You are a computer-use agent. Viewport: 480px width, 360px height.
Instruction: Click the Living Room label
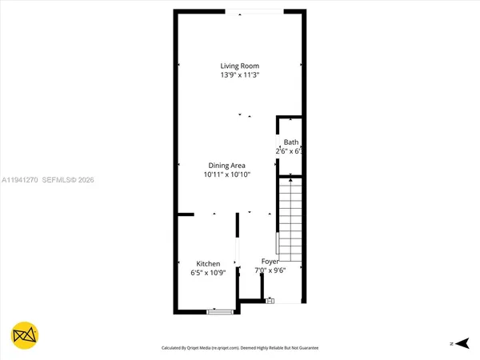coord(240,66)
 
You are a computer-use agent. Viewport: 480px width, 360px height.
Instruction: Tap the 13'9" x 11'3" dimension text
coord(240,75)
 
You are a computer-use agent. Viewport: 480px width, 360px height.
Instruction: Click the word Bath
coord(290,142)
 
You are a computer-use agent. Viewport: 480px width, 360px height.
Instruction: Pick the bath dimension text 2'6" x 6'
coord(289,151)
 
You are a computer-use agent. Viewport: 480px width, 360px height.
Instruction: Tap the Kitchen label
coord(209,264)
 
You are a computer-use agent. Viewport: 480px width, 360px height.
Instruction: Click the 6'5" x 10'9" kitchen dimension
coord(206,274)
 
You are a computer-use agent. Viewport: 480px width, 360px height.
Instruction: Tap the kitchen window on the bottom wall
coord(218,311)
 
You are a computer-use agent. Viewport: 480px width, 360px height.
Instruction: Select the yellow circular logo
coord(25,337)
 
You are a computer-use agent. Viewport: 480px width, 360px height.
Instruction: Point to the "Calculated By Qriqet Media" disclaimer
coord(240,348)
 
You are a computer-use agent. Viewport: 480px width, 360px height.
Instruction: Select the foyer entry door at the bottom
coord(270,302)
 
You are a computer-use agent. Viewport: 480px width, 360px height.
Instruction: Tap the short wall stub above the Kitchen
coord(185,214)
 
